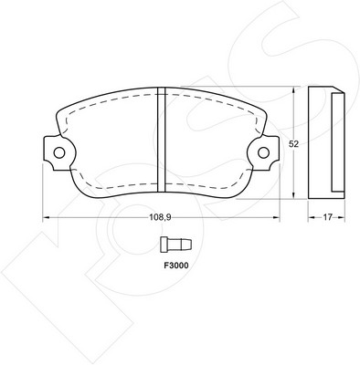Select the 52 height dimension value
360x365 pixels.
[293, 144]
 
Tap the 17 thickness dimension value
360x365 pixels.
[327, 217]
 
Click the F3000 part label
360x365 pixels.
[176, 266]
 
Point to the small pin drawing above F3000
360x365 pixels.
[176, 245]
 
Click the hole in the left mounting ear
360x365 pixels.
[59, 152]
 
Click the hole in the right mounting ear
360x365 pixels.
[263, 152]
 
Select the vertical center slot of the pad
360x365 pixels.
[162, 140]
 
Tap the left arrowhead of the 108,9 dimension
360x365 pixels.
[46, 217]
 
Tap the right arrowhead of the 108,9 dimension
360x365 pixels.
[277, 217]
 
